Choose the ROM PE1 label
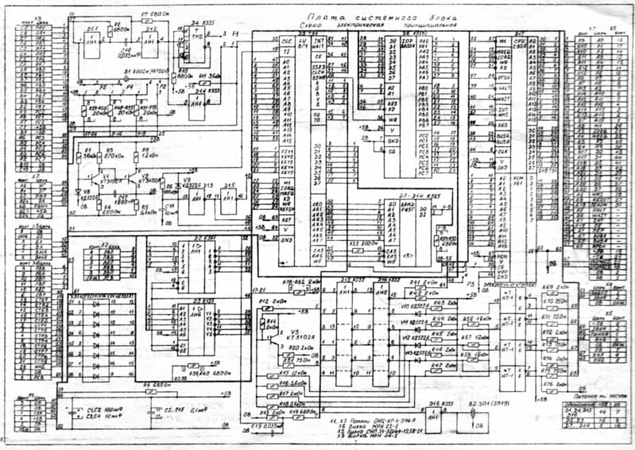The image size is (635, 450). click(517, 180)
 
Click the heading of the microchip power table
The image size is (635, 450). click(591, 394)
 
